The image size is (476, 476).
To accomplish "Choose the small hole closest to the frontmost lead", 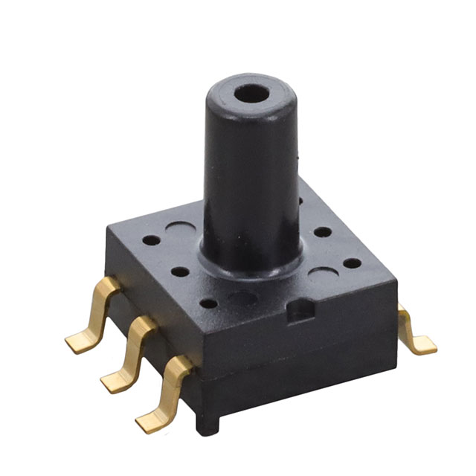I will (x=210, y=303).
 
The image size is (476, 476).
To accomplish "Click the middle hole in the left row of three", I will (x=180, y=271).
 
